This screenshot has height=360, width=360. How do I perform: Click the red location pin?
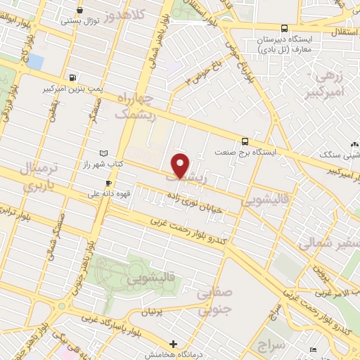point(181,166)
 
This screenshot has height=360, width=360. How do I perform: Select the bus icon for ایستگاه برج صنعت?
point(244,141)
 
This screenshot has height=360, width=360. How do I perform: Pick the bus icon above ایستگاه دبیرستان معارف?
point(283,29)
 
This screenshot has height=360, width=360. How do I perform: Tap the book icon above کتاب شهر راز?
point(104,153)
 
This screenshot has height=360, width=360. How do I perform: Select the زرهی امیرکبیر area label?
point(328,83)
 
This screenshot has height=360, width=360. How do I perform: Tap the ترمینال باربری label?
point(34,177)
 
